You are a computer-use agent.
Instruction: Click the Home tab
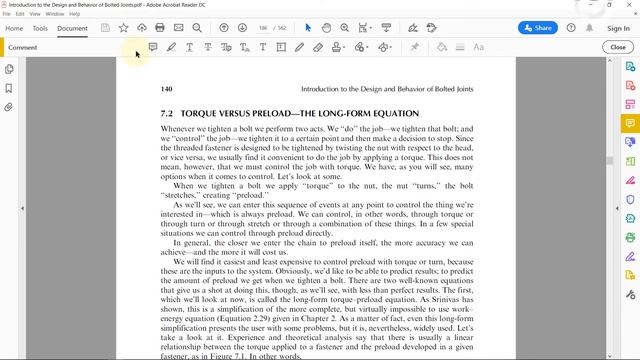pos(15,28)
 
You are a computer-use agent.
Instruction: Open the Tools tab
pos(40,28)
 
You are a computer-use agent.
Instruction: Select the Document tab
pos(72,28)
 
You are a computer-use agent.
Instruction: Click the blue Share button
pos(543,28)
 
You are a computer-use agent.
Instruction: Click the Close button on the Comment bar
pos(616,47)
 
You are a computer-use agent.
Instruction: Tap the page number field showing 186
pos(261,28)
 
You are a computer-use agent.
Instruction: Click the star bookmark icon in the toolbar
pos(123,28)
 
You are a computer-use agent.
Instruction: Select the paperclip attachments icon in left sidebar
pos(9,106)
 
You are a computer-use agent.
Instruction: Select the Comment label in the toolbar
pos(23,47)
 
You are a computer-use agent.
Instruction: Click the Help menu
pos(74,14)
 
